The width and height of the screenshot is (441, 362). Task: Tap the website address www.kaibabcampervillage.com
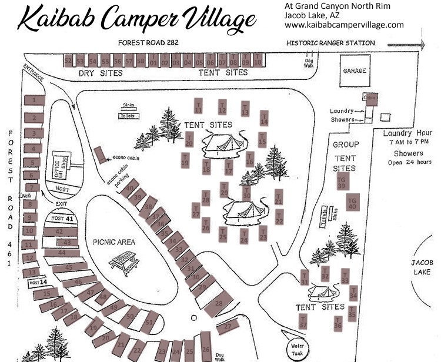point(344,25)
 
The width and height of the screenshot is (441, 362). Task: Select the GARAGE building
point(354,71)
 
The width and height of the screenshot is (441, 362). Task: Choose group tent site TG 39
point(341,183)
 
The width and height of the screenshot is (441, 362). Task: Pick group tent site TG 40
point(352,202)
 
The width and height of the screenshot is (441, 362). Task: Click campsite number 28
point(218,304)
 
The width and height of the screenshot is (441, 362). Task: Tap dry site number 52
point(68,60)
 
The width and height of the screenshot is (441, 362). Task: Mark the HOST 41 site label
point(62,219)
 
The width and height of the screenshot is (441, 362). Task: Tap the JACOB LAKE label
point(423,268)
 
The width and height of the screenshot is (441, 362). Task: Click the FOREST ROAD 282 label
point(148,43)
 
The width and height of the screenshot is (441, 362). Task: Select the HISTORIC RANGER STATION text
point(330,43)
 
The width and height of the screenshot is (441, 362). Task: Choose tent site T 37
point(303,322)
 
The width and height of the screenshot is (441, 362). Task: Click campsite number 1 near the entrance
point(34,100)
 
